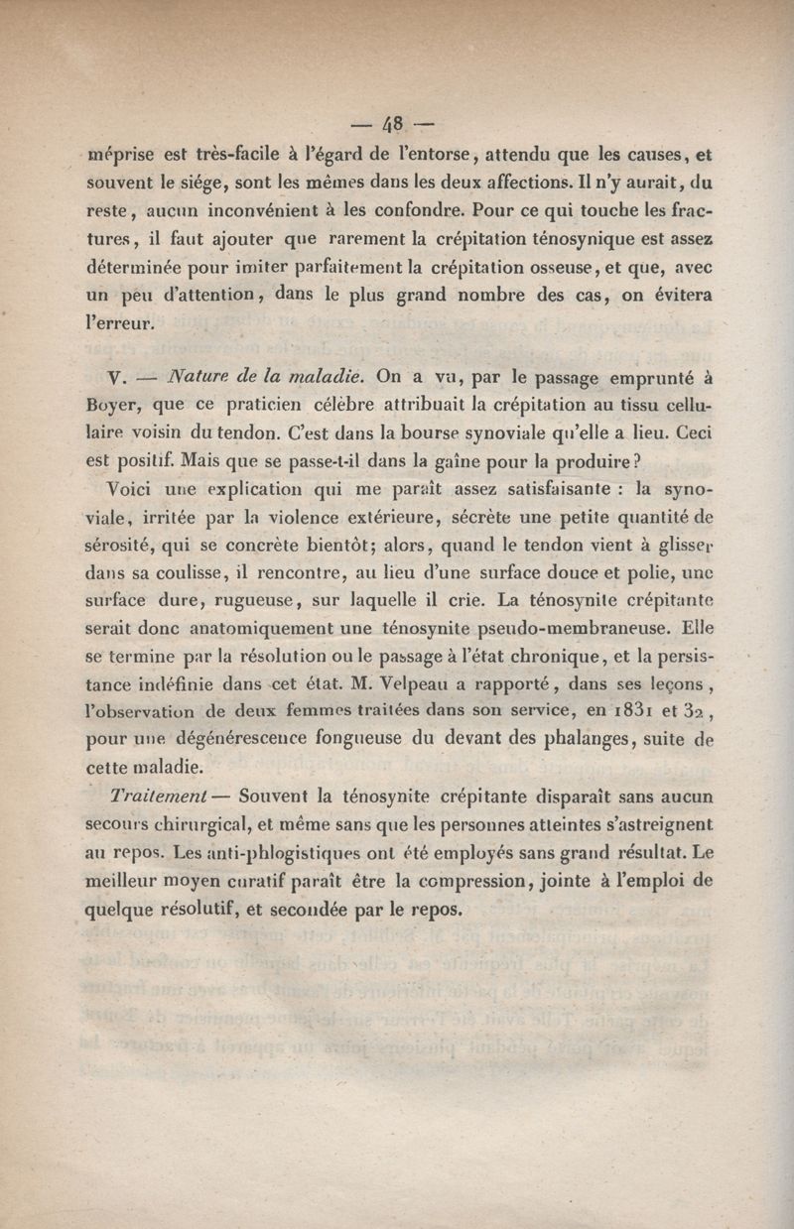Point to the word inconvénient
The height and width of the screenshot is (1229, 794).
tap(268, 211)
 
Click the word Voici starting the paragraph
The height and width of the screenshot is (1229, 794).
tap(132, 490)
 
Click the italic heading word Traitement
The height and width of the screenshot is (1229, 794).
tap(160, 797)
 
